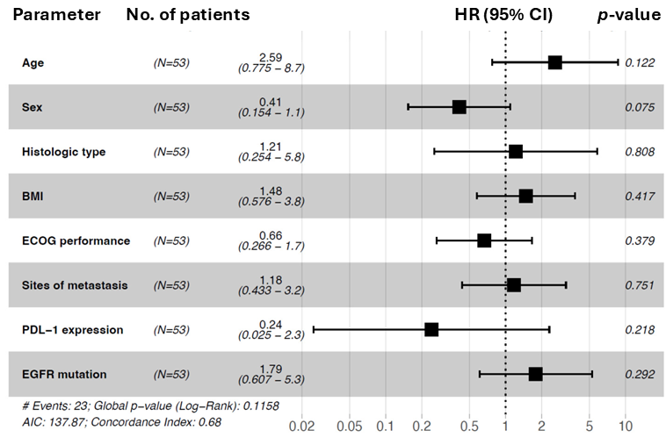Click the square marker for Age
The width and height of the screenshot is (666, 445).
(x=554, y=62)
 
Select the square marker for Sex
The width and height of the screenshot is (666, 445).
(x=459, y=107)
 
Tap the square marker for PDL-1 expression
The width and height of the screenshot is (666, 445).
(x=431, y=329)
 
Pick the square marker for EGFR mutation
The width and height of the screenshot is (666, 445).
(x=535, y=374)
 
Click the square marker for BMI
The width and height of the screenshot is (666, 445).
(x=525, y=196)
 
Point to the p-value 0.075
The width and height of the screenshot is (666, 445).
(x=640, y=107)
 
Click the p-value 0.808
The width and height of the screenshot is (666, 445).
(x=640, y=152)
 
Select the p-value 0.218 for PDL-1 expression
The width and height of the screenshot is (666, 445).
(x=640, y=330)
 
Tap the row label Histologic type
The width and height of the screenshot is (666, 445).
(x=63, y=152)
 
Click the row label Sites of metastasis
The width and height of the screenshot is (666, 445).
(x=75, y=285)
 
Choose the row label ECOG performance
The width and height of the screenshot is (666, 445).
(x=76, y=240)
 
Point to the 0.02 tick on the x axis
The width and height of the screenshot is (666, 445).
(x=301, y=427)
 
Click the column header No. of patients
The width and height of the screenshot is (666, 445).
(x=187, y=16)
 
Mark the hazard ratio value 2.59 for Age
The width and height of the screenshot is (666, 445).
(x=271, y=56)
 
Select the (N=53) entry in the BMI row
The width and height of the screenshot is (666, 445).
(x=171, y=197)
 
